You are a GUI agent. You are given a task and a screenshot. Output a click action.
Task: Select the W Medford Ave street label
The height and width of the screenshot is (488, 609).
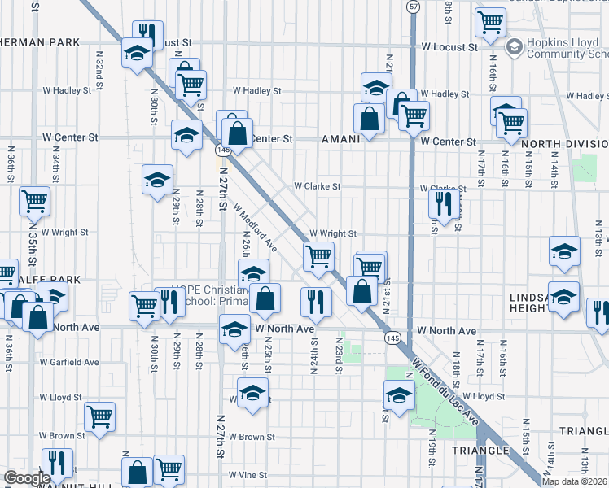(256, 228)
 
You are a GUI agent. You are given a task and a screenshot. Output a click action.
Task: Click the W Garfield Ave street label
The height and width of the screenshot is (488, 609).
(69, 362)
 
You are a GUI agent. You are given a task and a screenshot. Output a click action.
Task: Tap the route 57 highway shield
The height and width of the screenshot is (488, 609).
(414, 7)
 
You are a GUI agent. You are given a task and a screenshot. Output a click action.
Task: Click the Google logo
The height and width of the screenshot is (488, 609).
(27, 479)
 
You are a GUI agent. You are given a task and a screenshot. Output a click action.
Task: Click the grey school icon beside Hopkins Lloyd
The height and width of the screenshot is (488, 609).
(515, 47)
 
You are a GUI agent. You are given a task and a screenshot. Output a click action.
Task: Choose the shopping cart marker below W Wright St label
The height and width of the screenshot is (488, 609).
(318, 256)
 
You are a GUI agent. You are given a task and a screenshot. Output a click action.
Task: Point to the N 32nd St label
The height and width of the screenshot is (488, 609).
(98, 74)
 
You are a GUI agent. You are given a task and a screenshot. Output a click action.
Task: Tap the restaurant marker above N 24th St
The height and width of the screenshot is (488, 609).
(314, 302)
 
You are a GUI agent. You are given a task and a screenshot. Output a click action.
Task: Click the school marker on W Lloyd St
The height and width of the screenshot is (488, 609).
(253, 392)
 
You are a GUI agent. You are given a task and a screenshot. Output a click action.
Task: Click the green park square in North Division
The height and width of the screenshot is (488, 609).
(584, 168)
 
